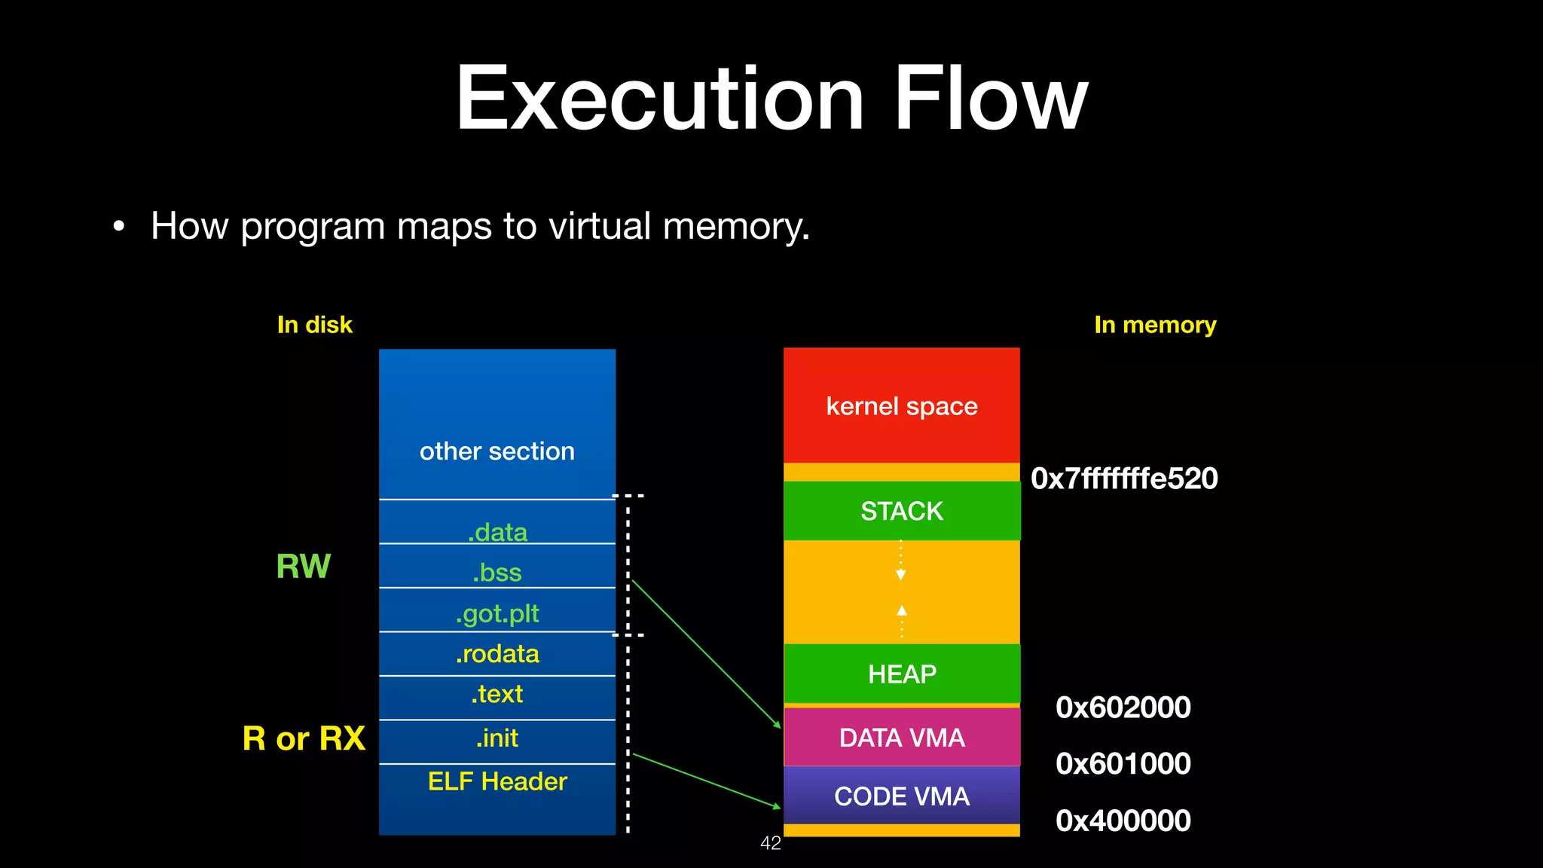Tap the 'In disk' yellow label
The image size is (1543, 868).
click(314, 325)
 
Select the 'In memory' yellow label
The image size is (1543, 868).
click(1154, 325)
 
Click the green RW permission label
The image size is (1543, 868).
click(303, 567)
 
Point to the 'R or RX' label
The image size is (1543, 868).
click(304, 738)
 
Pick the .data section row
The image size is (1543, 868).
click(497, 531)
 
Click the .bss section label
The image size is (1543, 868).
click(497, 573)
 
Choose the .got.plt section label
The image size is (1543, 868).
click(497, 613)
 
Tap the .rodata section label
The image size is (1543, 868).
click(497, 653)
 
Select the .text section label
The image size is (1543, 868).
click(497, 694)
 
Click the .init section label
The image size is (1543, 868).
click(497, 738)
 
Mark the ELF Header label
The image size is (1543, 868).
click(497, 781)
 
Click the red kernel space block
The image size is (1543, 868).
click(901, 406)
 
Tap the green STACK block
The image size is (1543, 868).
click(901, 511)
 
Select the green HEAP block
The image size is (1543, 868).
click(901, 674)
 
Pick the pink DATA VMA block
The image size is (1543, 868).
click(901, 738)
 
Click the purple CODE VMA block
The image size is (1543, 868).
click(901, 796)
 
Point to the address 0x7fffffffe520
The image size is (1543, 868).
click(1123, 478)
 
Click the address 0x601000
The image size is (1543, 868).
click(1123, 763)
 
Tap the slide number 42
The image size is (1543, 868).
click(770, 843)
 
